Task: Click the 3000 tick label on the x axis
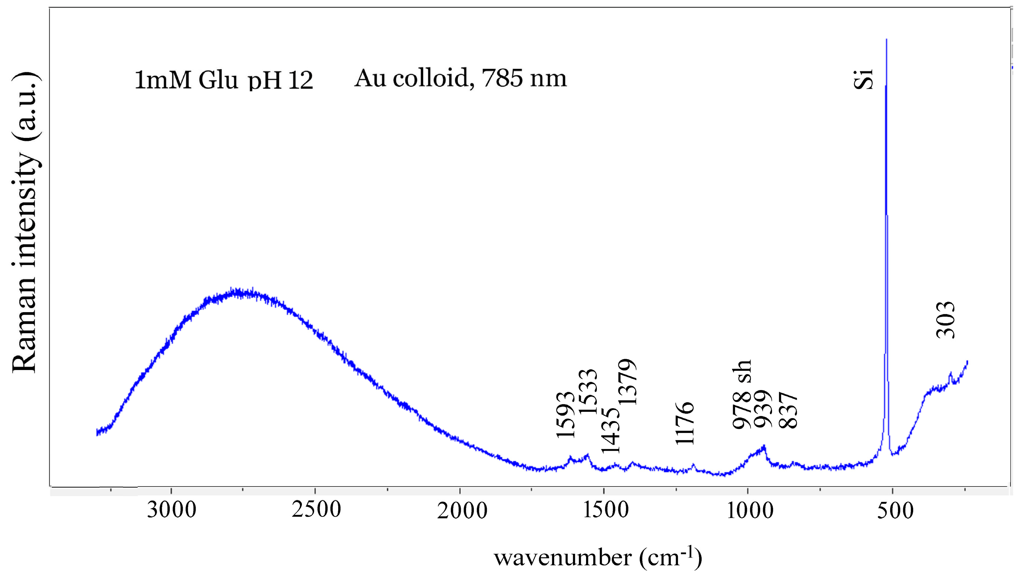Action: pyautogui.click(x=172, y=510)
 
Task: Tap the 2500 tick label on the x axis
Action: pyautogui.click(x=316, y=510)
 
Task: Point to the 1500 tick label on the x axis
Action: pyautogui.click(x=606, y=510)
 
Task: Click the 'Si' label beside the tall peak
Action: pyautogui.click(x=863, y=79)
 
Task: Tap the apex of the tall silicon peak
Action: pyautogui.click(x=886, y=40)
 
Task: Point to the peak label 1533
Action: pyautogui.click(x=588, y=391)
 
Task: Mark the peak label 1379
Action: pyautogui.click(x=627, y=381)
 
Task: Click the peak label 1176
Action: pyautogui.click(x=685, y=423)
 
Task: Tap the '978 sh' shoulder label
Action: pyautogui.click(x=741, y=395)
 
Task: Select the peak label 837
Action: pyautogui.click(x=788, y=410)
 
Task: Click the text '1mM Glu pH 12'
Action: pyautogui.click(x=224, y=80)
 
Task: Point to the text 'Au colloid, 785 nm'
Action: pyautogui.click(x=460, y=78)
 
